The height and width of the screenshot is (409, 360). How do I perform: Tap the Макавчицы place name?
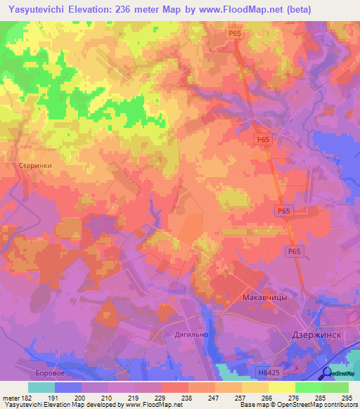[x=264, y=297]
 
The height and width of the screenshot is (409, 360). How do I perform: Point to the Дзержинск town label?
[x=316, y=335]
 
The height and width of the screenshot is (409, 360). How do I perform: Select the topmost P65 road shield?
[x=235, y=33]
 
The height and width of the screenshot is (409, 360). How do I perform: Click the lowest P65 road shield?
[x=294, y=251]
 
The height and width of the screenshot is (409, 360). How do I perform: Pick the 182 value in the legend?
[x=20, y=397]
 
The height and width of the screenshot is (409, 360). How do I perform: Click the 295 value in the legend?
[x=345, y=397]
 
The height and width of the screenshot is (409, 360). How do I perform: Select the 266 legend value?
[x=264, y=397]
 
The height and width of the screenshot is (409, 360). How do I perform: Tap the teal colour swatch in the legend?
[x=41, y=387]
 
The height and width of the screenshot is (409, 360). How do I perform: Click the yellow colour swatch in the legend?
[x=282, y=387]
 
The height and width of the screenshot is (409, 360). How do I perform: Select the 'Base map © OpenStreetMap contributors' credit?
[x=297, y=405]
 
